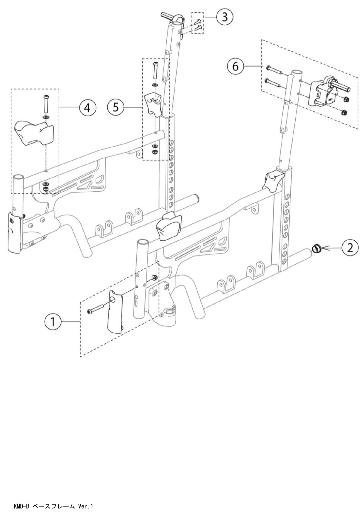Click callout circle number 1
[x=53, y=322]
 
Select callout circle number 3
[x=225, y=17]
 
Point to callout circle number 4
[x=87, y=108]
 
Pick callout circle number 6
[x=236, y=67]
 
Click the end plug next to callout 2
[x=316, y=249]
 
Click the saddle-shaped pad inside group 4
[x=34, y=133]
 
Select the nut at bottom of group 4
[x=45, y=189]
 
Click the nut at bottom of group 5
[x=155, y=152]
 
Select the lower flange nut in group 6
[x=345, y=112]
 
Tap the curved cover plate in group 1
[x=115, y=312]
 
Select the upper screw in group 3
[x=199, y=21]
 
